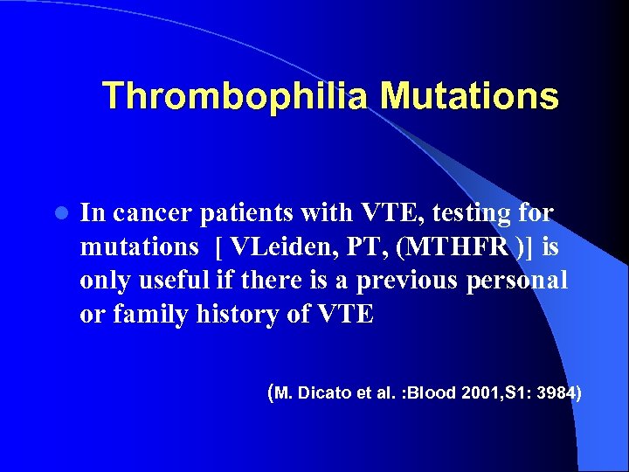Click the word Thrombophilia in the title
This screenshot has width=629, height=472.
[x=236, y=96]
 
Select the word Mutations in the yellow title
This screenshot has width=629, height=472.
[x=469, y=96]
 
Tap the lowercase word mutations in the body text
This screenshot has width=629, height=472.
[x=139, y=247]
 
